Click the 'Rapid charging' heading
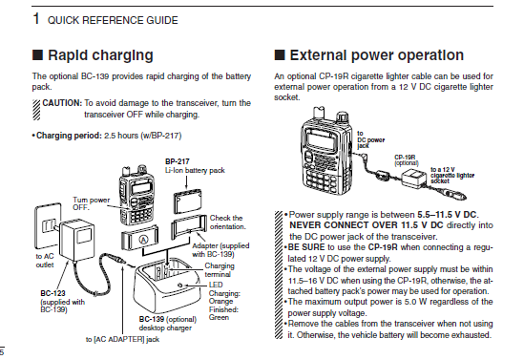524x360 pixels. coord(100,55)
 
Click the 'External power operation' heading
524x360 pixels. coord(377,55)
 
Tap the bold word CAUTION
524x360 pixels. coord(62,103)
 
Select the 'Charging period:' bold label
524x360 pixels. coord(69,136)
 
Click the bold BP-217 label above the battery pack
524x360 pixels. coord(178,161)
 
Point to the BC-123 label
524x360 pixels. coord(52,293)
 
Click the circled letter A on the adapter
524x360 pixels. coord(143,240)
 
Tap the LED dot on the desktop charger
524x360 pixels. coord(180,286)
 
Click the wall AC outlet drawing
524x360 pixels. coord(48,225)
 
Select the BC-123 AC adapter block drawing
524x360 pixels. coord(76,239)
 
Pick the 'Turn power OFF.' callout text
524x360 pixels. coord(92,203)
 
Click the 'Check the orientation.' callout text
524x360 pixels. coord(227,222)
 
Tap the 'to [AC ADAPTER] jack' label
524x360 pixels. coord(122,339)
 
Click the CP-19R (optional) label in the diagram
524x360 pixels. coord(407,160)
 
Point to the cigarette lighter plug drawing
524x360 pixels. coord(455,195)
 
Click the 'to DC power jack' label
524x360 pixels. coord(370,139)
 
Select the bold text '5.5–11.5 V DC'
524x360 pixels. coord(447,215)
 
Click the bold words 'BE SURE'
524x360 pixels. coord(306,247)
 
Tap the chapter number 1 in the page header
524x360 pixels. coord(36,18)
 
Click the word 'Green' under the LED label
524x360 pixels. coord(219,317)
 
